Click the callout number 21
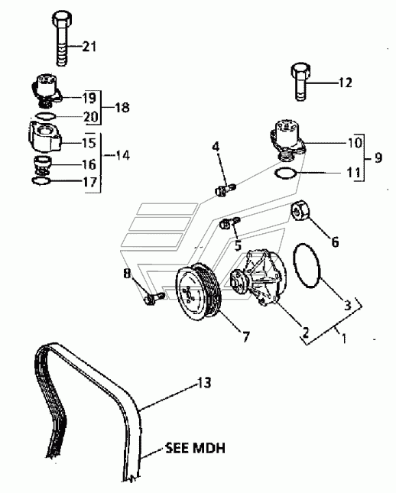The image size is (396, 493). coord(89,47)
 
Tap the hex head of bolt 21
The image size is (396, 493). coord(62,19)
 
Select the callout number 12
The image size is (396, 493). coord(345,83)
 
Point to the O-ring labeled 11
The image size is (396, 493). coord(285,173)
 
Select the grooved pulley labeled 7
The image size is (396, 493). coord(199,292)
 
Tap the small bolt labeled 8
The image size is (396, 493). coord(154,298)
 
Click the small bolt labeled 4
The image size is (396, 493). coord(226,190)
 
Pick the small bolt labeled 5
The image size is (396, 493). coord(230,222)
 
